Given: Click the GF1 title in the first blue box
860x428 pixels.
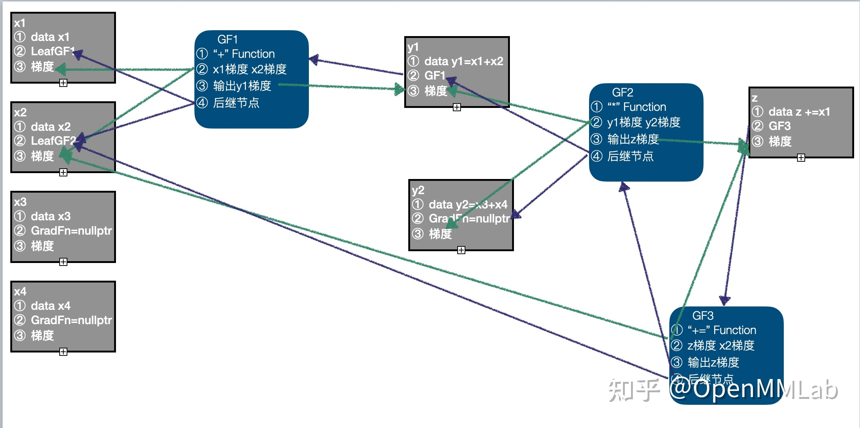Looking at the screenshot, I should coord(228,39).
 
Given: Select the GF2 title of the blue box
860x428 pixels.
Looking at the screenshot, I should coord(622,92).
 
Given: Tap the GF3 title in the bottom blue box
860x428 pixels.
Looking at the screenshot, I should coord(702,316).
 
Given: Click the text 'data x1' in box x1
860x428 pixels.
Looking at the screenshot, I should coord(50,37).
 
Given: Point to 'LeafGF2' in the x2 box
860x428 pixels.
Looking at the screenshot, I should coord(53,141).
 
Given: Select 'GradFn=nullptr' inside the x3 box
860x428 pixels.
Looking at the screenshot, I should coord(71,231).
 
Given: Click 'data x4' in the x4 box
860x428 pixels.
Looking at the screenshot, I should coord(50,306).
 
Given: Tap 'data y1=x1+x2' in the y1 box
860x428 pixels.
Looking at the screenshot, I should coord(464,61).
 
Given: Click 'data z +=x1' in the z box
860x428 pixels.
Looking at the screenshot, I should coord(799,112).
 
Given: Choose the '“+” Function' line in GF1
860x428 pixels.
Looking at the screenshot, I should coord(244,54).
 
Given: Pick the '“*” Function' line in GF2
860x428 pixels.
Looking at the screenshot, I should coord(637,107).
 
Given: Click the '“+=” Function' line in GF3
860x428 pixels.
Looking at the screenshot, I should coord(722,330).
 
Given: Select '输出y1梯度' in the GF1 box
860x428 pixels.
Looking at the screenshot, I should coord(242,86).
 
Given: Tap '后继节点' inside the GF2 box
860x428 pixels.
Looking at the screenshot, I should coord(630,156).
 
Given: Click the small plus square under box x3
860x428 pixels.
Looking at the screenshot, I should coord(63,262).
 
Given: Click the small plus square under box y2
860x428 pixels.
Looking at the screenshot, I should coord(461,250).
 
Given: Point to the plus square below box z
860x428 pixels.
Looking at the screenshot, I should coord(801,158).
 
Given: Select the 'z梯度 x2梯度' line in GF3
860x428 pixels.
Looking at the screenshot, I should coord(720,345).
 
